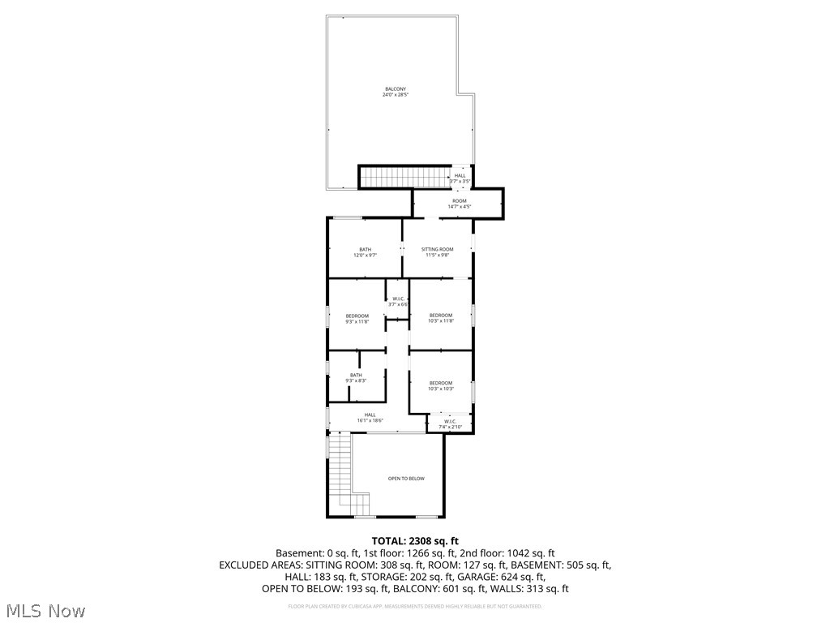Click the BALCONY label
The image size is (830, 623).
396,88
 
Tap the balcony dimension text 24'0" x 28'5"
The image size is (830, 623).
396,95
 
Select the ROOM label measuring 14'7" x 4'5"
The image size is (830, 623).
460,200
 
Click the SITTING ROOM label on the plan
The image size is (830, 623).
438,249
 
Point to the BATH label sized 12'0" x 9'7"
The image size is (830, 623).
366,249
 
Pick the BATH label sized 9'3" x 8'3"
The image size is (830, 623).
356,375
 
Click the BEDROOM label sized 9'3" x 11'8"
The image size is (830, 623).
357,316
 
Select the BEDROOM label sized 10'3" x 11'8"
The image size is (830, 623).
441,315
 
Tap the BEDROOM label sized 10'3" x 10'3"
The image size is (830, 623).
441,383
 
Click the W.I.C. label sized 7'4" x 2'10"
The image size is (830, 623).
449,421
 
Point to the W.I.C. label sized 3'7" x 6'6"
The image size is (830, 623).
398,299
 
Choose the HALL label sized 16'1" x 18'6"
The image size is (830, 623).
370,415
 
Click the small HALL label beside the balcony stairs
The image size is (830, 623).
460,175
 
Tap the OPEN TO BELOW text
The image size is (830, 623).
406,479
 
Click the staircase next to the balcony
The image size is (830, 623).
404,177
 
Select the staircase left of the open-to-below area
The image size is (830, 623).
341,475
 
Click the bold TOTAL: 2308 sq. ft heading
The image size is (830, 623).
415,540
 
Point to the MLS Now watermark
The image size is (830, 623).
45,610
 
